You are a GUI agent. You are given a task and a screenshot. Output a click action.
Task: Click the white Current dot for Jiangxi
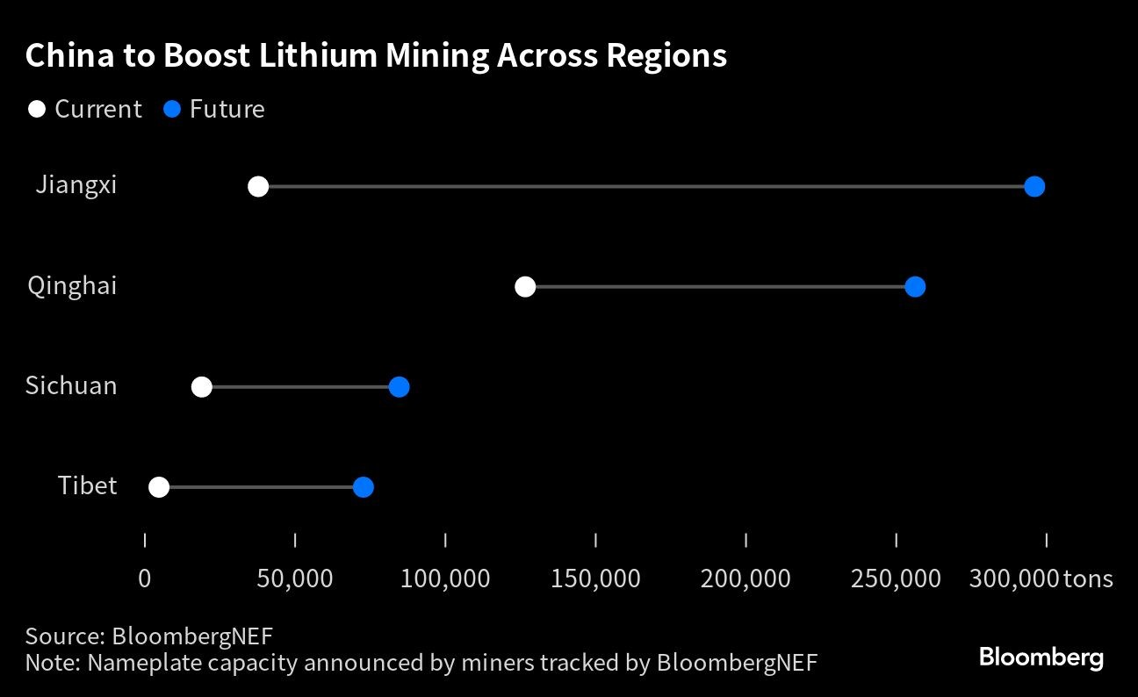coord(258,186)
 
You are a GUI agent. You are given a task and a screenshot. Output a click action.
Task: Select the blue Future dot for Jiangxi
coord(1034,186)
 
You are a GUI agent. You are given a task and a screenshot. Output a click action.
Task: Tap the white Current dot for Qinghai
coord(525,286)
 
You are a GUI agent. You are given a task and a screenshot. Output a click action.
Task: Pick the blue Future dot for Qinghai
coord(915,286)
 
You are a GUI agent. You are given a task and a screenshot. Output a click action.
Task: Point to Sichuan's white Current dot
coord(202,387)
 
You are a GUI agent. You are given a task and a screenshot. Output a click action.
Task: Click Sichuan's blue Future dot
coord(399,387)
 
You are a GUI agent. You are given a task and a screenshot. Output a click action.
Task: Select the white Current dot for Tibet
coord(159,487)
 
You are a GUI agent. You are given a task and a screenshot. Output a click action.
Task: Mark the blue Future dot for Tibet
coord(363,487)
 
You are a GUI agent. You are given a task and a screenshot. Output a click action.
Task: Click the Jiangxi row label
coord(76,186)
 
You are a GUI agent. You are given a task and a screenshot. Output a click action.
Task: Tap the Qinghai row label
coord(72,286)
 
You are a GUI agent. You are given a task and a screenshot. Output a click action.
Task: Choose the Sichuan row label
coord(71,386)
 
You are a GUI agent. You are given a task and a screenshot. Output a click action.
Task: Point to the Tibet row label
coord(87,486)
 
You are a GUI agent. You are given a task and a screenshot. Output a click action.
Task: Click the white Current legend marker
coord(37,110)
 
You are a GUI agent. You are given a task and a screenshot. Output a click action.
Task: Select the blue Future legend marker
coord(172,110)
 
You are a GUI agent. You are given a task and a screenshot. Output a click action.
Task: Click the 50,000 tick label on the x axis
coord(295,579)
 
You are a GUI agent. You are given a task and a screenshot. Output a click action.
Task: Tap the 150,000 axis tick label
coord(595,579)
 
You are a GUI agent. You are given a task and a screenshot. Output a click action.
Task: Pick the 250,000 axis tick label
coord(896,579)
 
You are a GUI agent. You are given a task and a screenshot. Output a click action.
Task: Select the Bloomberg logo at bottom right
coord(1041,657)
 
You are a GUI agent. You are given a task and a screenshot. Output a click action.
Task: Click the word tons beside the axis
coord(1087,579)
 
